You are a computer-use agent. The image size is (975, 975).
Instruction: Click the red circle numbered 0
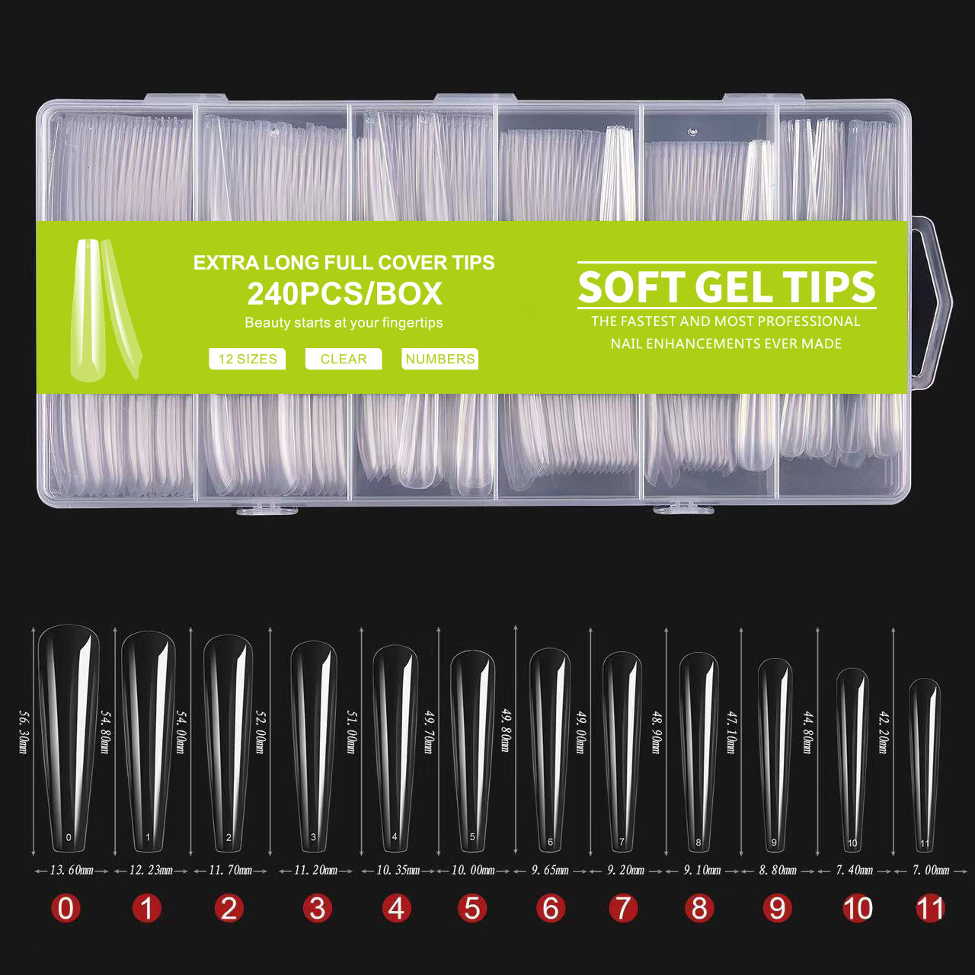tap(66, 908)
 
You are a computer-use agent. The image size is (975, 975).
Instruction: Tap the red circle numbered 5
tap(472, 908)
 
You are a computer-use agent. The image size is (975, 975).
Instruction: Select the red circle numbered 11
tap(930, 908)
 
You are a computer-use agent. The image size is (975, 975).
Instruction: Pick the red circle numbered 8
tap(699, 908)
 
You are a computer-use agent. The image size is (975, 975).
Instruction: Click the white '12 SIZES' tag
tap(248, 359)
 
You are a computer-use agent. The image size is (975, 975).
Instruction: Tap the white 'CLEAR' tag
tap(344, 359)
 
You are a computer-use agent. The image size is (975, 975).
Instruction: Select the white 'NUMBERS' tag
tap(440, 359)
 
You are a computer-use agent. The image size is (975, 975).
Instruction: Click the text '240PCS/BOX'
tap(344, 294)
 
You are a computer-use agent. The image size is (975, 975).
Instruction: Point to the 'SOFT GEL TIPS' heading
tap(727, 287)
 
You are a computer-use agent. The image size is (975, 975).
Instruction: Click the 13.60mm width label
tap(72, 870)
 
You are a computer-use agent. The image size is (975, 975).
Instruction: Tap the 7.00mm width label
tap(931, 870)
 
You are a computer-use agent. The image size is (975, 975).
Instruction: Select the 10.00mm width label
tap(473, 870)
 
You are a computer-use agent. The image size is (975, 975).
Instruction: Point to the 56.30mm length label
tap(24, 731)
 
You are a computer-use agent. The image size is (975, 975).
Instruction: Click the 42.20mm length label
tap(884, 731)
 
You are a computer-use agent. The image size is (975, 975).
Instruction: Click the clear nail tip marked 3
tap(313, 746)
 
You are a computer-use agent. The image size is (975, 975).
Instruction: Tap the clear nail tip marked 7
tap(622, 750)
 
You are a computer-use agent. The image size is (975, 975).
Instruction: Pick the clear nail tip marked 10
tap(852, 758)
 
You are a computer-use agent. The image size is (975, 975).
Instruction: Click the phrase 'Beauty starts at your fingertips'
tap(344, 322)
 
